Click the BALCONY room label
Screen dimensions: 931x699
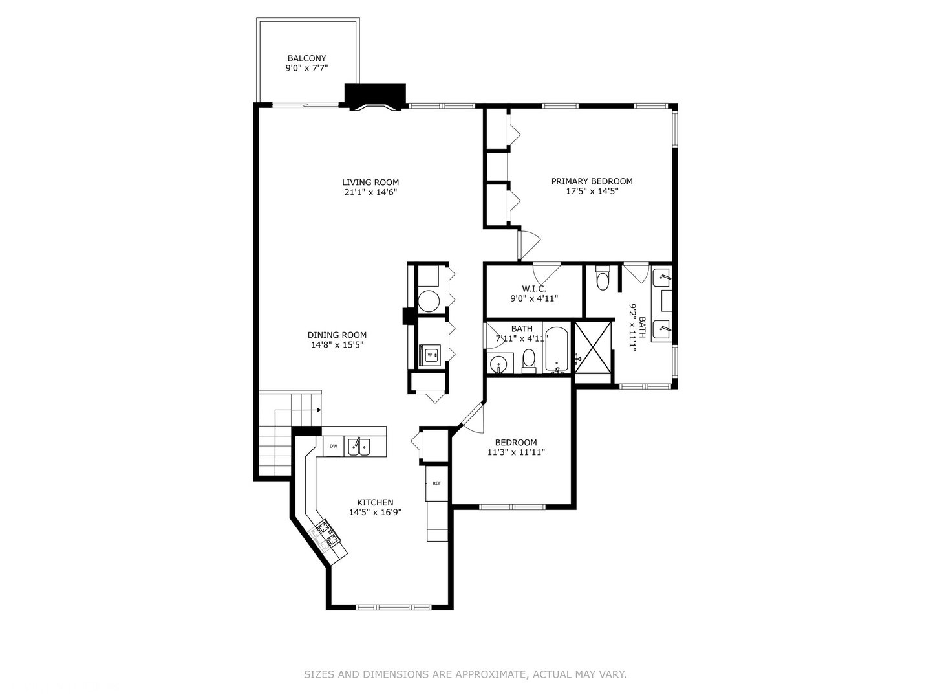(x=306, y=58)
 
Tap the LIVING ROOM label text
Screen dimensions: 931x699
(x=370, y=183)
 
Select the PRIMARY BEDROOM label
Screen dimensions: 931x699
(x=592, y=181)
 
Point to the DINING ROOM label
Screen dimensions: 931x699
(x=337, y=335)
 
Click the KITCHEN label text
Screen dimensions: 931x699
(x=375, y=502)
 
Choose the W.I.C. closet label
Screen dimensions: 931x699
(x=534, y=289)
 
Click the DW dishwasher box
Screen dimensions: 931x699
(x=334, y=446)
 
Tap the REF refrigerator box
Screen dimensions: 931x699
(x=436, y=483)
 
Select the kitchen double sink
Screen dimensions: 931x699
(x=359, y=447)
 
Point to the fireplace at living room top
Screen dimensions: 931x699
(x=376, y=97)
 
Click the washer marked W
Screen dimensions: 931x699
(x=431, y=355)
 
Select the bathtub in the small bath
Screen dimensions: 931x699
(x=557, y=350)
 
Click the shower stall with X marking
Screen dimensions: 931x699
(x=592, y=347)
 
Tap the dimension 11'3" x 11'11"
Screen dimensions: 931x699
(x=516, y=452)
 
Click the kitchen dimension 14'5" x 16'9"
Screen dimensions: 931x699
(x=375, y=512)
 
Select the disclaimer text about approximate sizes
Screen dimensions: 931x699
(x=465, y=674)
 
